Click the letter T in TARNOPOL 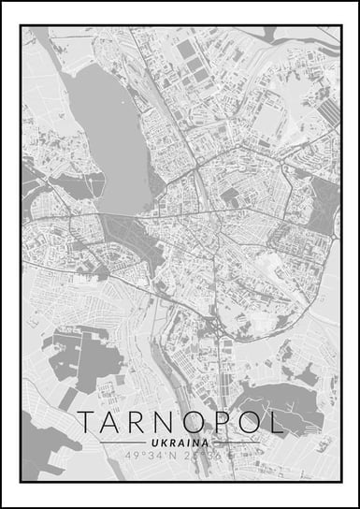pyautogui.click(x=87, y=422)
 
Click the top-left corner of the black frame pyautogui.click(x=21, y=25)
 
